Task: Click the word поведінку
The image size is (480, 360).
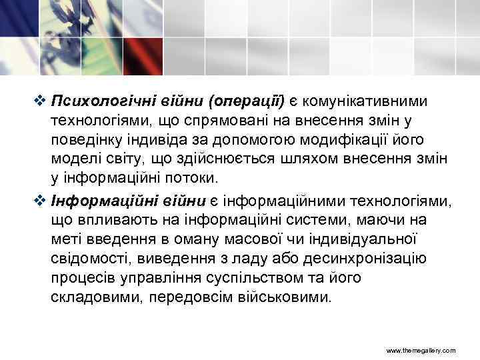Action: click(x=86, y=140)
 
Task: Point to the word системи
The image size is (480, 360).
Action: click(x=349, y=219)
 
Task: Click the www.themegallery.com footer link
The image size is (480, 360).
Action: click(x=421, y=350)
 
